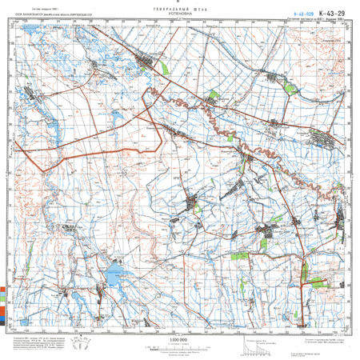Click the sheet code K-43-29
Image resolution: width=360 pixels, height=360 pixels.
(330, 12)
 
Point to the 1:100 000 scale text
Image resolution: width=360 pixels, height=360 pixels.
(179, 340)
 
